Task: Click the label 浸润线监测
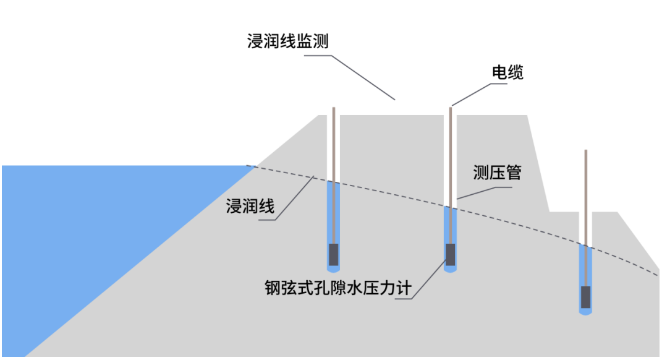[x=287, y=41]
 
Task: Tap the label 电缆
[x=507, y=72]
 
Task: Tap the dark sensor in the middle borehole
[x=451, y=254]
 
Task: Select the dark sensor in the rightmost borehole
[x=585, y=298]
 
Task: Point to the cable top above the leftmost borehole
[x=334, y=109]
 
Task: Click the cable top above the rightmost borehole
[x=585, y=152]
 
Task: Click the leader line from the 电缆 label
[x=476, y=93]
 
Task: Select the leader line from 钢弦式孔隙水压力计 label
[x=426, y=281]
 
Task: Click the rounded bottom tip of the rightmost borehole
[x=585, y=312]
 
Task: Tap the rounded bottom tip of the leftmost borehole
[x=333, y=270]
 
